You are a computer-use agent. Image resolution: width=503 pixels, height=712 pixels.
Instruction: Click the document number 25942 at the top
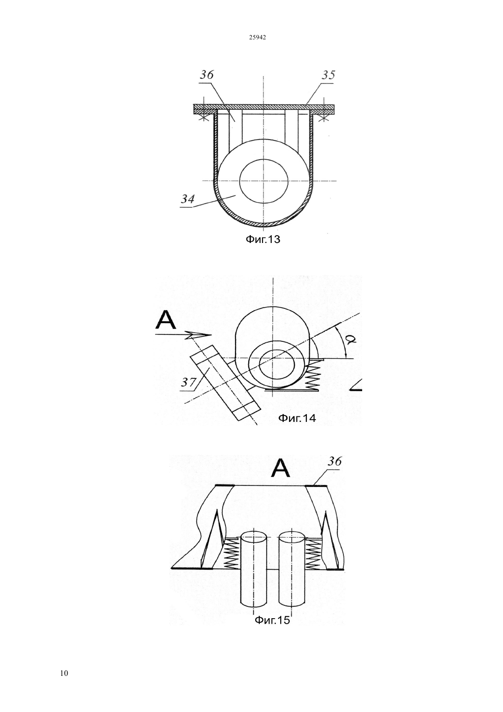[x=257, y=38]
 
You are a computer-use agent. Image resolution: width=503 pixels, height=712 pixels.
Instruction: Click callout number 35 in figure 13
[x=328, y=75]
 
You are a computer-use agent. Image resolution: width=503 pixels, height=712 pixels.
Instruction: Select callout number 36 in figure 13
[x=206, y=75]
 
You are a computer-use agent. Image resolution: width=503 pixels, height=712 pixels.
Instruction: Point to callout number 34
[x=187, y=199]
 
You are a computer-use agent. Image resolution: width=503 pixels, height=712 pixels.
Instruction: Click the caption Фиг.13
[x=263, y=239]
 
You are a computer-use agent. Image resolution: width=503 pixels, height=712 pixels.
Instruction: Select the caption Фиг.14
[x=297, y=418]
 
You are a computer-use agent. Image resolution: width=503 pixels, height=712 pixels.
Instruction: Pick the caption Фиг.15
[x=273, y=620]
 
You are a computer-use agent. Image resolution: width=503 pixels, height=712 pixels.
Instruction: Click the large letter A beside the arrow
[x=166, y=320]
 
